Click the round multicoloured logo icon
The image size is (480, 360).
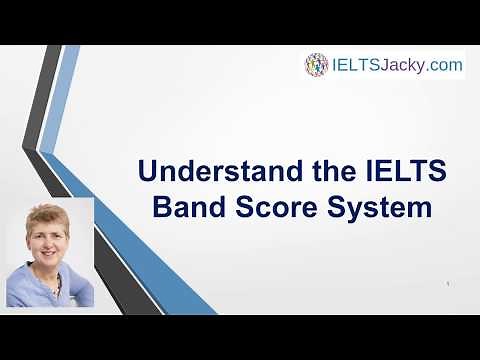(x=317, y=66)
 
